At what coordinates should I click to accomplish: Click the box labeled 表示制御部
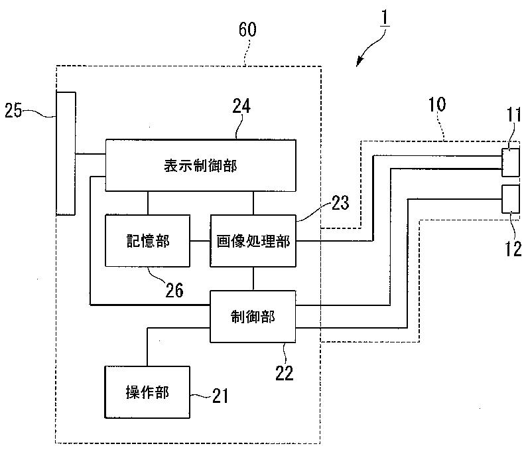(x=200, y=165)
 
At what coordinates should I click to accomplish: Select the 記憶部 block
(x=147, y=240)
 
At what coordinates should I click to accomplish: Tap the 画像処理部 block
(x=253, y=240)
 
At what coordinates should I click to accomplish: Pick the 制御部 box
(x=253, y=317)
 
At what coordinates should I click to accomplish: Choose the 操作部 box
(x=147, y=392)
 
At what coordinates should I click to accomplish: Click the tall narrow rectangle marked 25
(x=66, y=153)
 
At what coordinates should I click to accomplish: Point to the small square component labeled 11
(x=511, y=162)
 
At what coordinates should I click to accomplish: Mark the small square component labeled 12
(x=511, y=199)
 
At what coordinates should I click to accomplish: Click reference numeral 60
(x=247, y=29)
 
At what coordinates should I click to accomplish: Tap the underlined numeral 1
(x=385, y=17)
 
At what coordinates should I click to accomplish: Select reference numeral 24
(x=241, y=106)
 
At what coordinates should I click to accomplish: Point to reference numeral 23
(x=340, y=202)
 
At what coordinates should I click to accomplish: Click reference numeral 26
(x=174, y=290)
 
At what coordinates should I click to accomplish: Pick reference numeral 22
(x=284, y=373)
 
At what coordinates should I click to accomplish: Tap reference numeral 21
(x=220, y=396)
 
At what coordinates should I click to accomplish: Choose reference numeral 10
(x=437, y=105)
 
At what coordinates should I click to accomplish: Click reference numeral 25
(x=13, y=110)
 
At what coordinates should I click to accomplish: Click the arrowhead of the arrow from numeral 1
(x=359, y=62)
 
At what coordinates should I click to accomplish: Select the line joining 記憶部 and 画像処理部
(x=200, y=241)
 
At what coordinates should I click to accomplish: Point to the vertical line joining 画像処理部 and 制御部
(x=253, y=279)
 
